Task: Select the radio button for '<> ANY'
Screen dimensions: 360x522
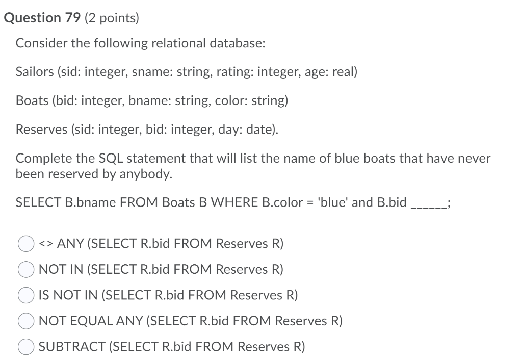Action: tap(26, 244)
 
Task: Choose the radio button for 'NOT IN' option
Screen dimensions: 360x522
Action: tap(26, 270)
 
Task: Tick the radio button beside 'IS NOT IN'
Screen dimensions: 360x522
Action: tap(26, 296)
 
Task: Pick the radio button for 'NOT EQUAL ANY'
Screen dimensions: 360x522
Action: tap(26, 321)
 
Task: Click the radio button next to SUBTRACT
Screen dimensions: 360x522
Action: tap(26, 347)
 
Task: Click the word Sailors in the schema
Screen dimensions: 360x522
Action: tap(35, 72)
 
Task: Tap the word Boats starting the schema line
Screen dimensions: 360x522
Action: tap(32, 100)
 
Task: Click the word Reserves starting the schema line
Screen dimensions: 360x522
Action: tap(38, 129)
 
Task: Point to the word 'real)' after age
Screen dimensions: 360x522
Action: tap(345, 72)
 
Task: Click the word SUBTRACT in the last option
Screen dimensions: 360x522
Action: tap(72, 347)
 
